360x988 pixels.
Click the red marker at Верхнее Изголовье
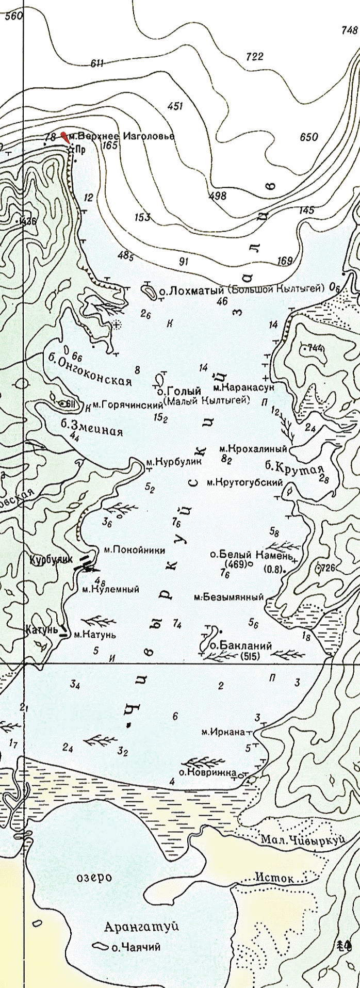[x=64, y=137]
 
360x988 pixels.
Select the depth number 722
[x=254, y=57]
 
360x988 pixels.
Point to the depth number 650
[x=308, y=137]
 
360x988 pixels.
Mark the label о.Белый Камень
[x=252, y=555]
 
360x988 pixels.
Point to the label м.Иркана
[x=223, y=732]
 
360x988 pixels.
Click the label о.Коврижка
[x=207, y=772]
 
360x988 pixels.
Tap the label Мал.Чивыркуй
[x=302, y=839]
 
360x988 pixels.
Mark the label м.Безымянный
[x=228, y=597]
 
